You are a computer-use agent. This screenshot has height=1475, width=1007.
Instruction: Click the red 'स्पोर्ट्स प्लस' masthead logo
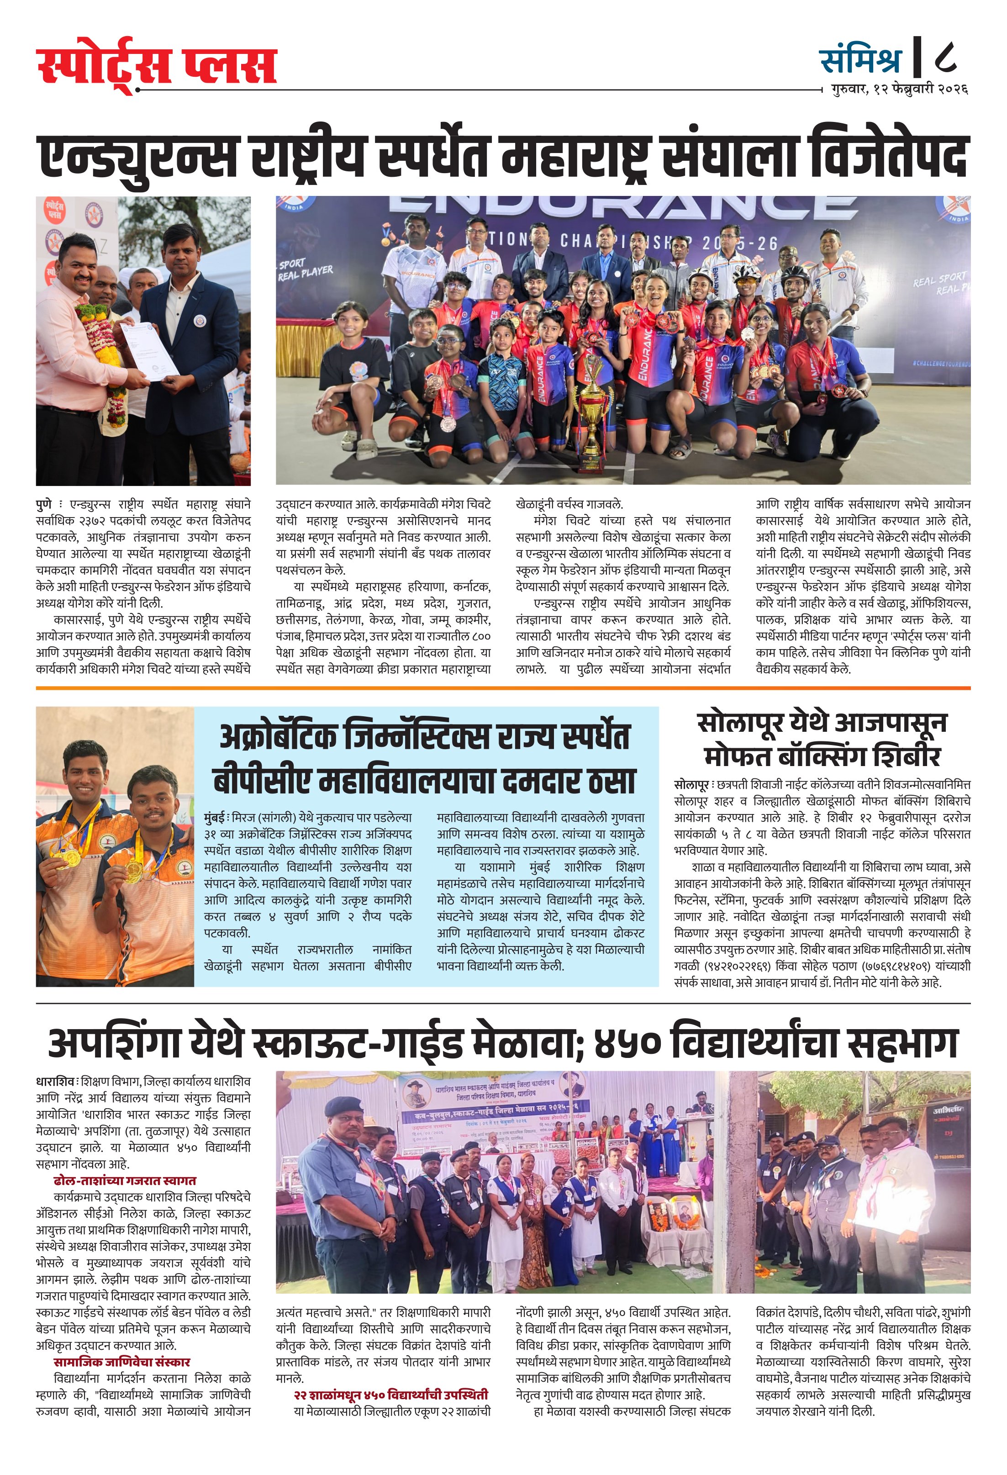pyautogui.click(x=157, y=67)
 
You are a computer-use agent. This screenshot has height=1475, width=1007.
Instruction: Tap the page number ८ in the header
pyautogui.click(x=945, y=59)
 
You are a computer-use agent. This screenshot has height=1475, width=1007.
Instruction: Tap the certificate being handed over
pyautogui.click(x=150, y=352)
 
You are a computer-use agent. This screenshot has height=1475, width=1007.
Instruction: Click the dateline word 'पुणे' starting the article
pyautogui.click(x=44, y=505)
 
